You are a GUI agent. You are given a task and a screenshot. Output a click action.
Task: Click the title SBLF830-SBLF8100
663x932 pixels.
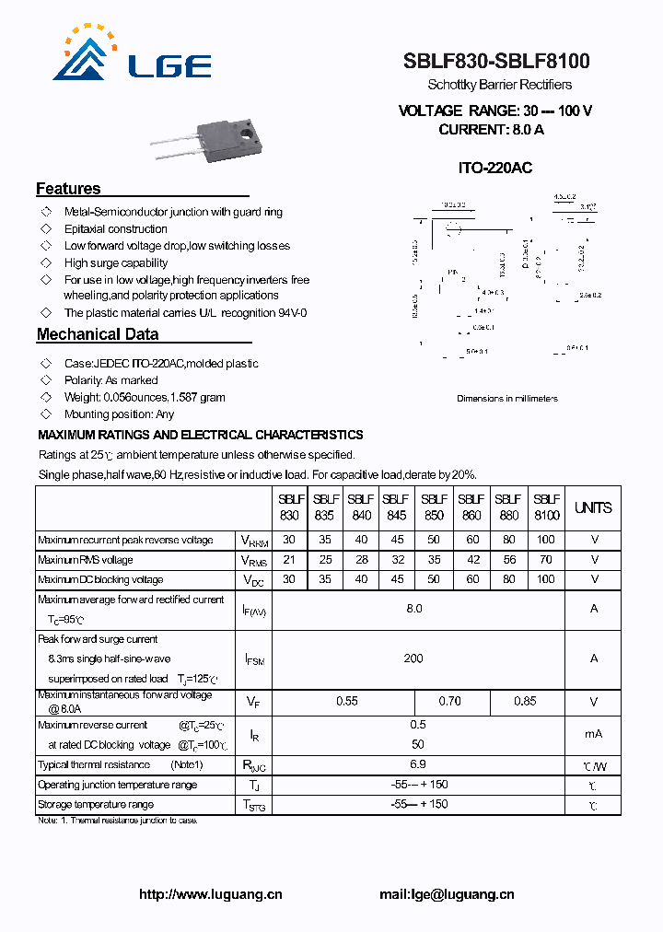tap(496, 62)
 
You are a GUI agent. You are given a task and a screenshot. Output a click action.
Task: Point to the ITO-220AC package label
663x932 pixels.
tap(495, 168)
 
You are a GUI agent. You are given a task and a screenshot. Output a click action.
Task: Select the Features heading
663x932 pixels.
tap(68, 189)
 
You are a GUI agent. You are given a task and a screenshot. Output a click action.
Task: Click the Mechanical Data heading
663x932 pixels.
tap(98, 334)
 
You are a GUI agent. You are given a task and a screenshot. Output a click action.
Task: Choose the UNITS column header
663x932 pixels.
tap(593, 507)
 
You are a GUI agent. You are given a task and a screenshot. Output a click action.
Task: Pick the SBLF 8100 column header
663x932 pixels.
tap(546, 507)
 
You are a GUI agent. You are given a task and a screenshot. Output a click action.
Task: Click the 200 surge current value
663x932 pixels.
tap(413, 658)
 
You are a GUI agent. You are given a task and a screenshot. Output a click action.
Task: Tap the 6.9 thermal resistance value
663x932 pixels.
tap(417, 764)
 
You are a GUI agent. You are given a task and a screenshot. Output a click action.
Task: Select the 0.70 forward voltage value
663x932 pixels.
tap(450, 702)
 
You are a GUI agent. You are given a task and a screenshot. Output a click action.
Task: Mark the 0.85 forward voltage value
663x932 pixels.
tap(525, 702)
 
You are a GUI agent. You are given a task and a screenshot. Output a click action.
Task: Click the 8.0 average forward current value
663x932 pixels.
tap(414, 609)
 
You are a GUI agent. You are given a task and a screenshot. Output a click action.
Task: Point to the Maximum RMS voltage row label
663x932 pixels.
tap(86, 560)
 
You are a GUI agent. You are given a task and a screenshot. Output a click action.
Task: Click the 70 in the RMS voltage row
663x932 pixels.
tap(546, 560)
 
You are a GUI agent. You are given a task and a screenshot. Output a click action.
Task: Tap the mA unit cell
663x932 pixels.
tap(593, 734)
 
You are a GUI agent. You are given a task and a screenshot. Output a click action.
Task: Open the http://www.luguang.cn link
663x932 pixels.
tap(211, 894)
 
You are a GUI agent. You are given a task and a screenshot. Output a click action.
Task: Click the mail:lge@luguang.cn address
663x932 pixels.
tap(447, 894)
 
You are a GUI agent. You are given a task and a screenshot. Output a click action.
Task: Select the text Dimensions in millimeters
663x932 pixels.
tap(507, 399)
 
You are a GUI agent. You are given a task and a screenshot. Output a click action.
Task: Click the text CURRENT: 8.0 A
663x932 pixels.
tap(491, 130)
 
